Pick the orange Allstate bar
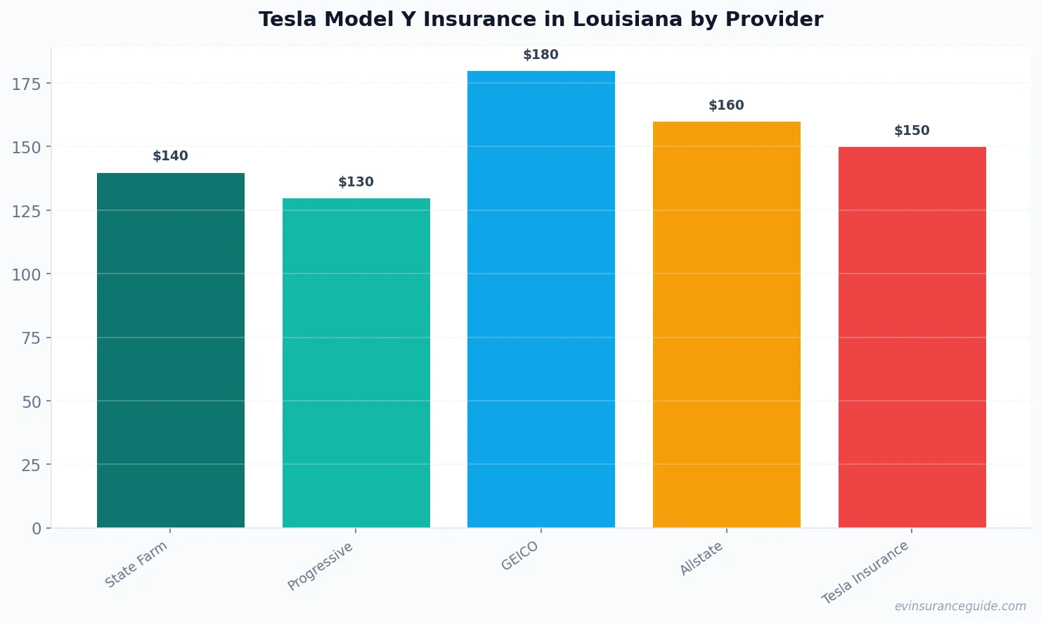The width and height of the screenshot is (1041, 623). click(726, 324)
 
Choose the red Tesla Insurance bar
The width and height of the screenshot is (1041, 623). click(912, 337)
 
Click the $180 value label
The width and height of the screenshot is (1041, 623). click(541, 55)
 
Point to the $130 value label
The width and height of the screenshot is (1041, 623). click(356, 182)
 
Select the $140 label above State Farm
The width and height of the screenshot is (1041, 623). click(170, 156)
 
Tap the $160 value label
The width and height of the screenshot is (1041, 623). click(726, 105)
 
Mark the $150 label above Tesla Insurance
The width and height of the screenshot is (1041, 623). click(912, 131)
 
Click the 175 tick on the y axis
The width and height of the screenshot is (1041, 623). click(26, 84)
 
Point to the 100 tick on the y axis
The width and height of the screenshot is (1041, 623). click(26, 275)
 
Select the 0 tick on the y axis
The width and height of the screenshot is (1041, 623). click(37, 529)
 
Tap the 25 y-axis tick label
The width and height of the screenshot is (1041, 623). click(31, 465)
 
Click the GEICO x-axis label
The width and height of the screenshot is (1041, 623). click(520, 556)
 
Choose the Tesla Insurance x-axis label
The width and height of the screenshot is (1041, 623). click(866, 573)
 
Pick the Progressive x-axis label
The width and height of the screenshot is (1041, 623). click(321, 567)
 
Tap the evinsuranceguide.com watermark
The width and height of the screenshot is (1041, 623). click(960, 606)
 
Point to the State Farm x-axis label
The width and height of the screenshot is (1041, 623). click(136, 565)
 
